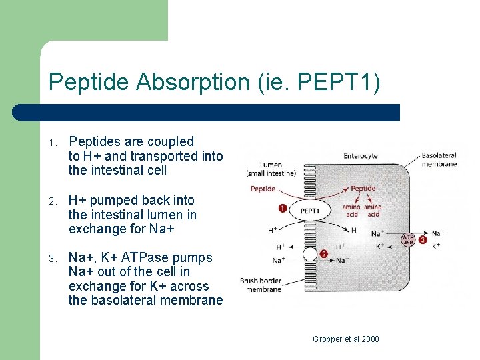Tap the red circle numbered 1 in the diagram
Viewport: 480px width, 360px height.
point(282,209)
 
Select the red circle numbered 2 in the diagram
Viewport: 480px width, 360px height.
point(323,254)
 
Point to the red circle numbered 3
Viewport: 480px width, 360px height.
point(422,239)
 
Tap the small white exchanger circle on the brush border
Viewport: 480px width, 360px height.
point(309,253)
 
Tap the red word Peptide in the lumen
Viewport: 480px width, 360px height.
point(263,189)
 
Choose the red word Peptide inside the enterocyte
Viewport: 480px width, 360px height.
point(363,189)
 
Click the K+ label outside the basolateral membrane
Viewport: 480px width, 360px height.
point(437,246)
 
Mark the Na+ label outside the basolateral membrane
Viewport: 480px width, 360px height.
point(438,233)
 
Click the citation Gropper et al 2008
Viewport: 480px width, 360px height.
point(346,339)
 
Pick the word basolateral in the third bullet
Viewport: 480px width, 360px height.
point(123,300)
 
